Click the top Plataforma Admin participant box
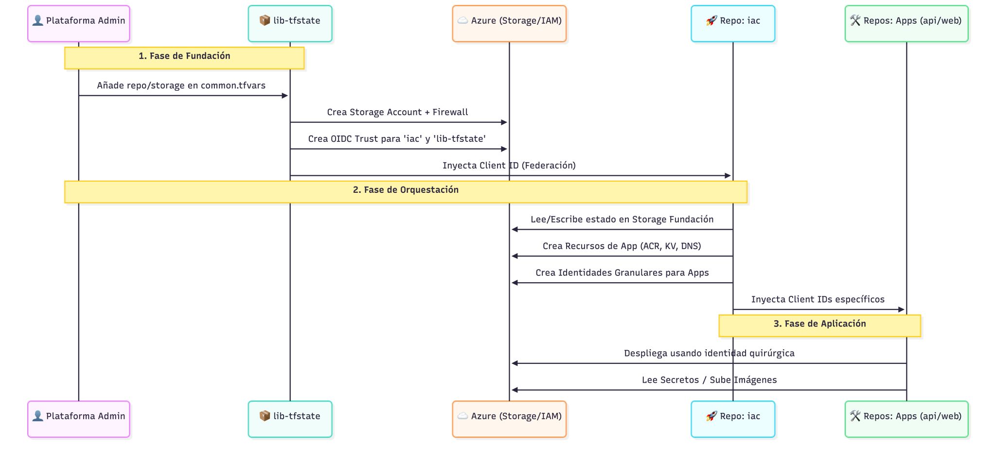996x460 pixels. point(79,23)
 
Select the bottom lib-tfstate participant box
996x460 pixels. point(290,419)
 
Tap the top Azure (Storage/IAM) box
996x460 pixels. point(509,23)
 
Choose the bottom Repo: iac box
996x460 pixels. point(733,419)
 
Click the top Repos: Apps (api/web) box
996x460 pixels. point(907,23)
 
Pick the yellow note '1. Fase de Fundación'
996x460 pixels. point(184,58)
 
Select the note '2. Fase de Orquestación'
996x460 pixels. point(406,191)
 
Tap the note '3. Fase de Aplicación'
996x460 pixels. point(819,325)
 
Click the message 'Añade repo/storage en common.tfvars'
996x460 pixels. point(181,85)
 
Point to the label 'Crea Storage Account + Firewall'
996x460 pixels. point(397,112)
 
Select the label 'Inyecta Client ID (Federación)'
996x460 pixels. point(509,166)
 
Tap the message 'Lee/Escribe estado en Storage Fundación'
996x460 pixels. point(622,220)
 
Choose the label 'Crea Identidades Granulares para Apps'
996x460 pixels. point(622,273)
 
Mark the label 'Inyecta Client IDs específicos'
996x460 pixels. point(818,300)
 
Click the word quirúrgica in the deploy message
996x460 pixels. point(772,353)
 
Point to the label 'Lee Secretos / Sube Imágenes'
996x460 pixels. point(709,380)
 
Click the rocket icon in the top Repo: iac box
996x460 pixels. point(711,21)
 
